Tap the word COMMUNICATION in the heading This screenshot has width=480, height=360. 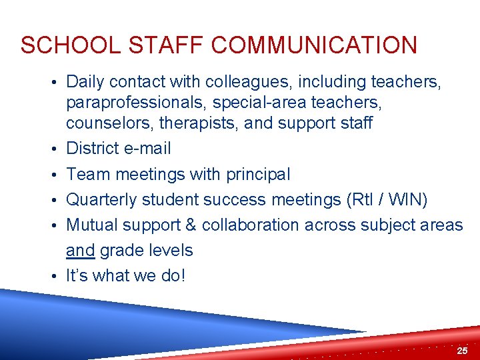(x=313, y=45)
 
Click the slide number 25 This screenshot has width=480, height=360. (x=462, y=351)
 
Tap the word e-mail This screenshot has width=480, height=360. (x=145, y=148)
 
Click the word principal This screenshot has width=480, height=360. (x=258, y=174)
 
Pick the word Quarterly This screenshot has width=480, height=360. (x=99, y=199)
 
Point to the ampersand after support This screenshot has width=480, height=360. (x=190, y=225)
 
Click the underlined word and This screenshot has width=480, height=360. (x=80, y=251)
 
